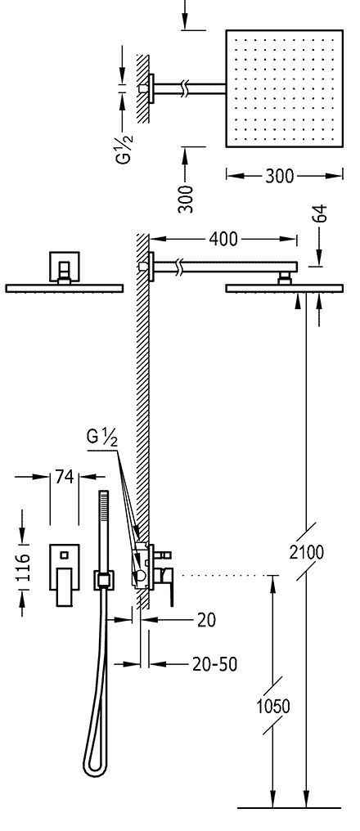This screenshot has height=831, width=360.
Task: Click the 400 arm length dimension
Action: click(x=223, y=239)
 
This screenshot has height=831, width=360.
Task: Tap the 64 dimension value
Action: click(x=320, y=213)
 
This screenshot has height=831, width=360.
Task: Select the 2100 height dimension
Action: click(x=307, y=552)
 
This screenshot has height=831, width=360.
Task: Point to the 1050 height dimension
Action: click(x=273, y=706)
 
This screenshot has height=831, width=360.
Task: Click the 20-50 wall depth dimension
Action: click(x=214, y=663)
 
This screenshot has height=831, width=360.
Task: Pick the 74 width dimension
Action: click(x=64, y=477)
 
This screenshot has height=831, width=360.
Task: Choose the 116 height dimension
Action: click(x=24, y=567)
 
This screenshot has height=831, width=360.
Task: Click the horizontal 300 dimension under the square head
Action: click(x=280, y=175)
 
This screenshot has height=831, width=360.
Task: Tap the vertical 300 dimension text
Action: click(x=186, y=199)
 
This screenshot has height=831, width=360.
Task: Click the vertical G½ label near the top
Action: click(x=125, y=149)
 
